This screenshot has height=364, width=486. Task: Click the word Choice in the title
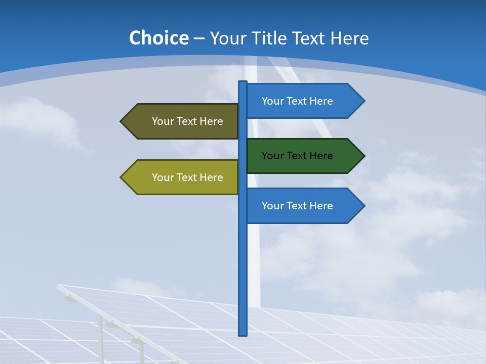pos(158,38)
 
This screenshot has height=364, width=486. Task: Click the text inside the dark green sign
pos(297,156)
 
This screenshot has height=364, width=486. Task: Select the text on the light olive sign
pos(187,177)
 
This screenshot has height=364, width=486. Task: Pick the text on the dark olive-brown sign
pos(187,121)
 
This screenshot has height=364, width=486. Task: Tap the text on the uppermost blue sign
pos(297,101)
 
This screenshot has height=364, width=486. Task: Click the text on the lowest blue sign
pos(297,206)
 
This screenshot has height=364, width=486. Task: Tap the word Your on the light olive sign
pos(162,177)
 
